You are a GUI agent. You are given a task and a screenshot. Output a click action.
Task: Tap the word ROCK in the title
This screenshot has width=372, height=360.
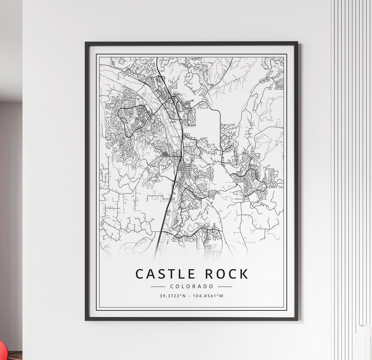pos(227,274)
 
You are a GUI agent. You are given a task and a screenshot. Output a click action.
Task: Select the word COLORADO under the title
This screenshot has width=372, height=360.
pos(192,286)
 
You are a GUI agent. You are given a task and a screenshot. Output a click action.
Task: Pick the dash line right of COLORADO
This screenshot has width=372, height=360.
pos(225,286)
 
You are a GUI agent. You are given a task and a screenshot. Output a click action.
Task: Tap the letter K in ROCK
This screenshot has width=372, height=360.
pos(243,274)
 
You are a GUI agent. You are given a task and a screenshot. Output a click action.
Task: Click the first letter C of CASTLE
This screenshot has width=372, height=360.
pos(139,274)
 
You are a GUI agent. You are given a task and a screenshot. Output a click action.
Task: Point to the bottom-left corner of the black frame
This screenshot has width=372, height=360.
pos(86,320)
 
